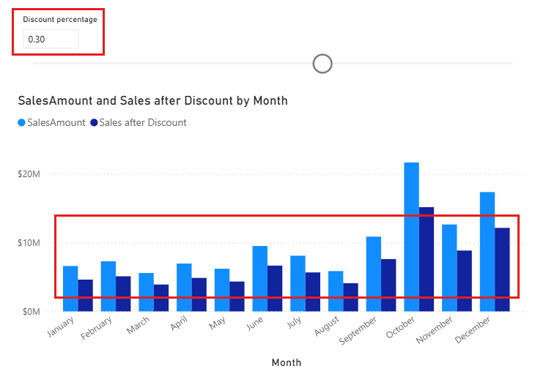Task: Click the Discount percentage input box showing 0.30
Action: (x=50, y=39)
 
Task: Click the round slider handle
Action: (x=322, y=64)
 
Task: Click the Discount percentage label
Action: (x=59, y=20)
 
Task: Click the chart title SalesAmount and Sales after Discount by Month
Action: (x=152, y=100)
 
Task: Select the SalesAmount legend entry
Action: (x=52, y=123)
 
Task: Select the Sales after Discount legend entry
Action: (x=139, y=123)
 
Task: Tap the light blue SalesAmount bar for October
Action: (x=411, y=237)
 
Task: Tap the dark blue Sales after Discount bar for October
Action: (x=427, y=259)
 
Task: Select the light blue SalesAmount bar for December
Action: (x=487, y=252)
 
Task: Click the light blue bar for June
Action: (x=260, y=279)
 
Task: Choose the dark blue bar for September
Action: (x=388, y=285)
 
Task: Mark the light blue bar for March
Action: (x=147, y=292)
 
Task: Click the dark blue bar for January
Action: (x=86, y=296)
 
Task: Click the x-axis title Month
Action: (x=286, y=362)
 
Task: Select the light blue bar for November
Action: (x=449, y=268)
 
